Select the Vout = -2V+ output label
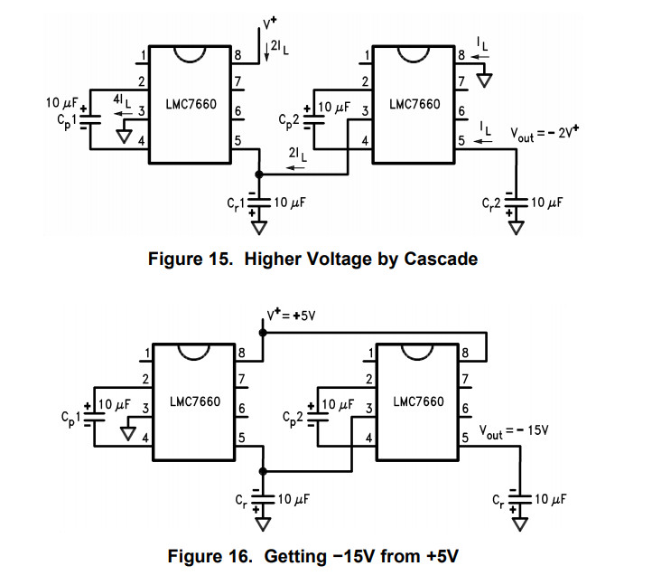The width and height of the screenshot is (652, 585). click(x=544, y=133)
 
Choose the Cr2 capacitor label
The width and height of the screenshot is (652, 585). click(x=493, y=203)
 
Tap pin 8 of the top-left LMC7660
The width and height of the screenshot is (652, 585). click(x=238, y=55)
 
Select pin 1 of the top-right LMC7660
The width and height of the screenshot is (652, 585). click(x=366, y=56)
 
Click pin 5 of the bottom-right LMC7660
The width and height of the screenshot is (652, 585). click(x=465, y=438)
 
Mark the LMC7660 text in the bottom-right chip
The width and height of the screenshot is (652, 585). click(x=418, y=401)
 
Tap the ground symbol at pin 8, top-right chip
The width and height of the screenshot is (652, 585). click(x=486, y=80)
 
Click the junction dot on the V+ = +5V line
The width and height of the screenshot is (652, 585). click(x=263, y=332)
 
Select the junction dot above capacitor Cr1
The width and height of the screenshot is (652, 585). click(x=259, y=172)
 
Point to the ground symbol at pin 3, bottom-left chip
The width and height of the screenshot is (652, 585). click(x=127, y=432)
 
